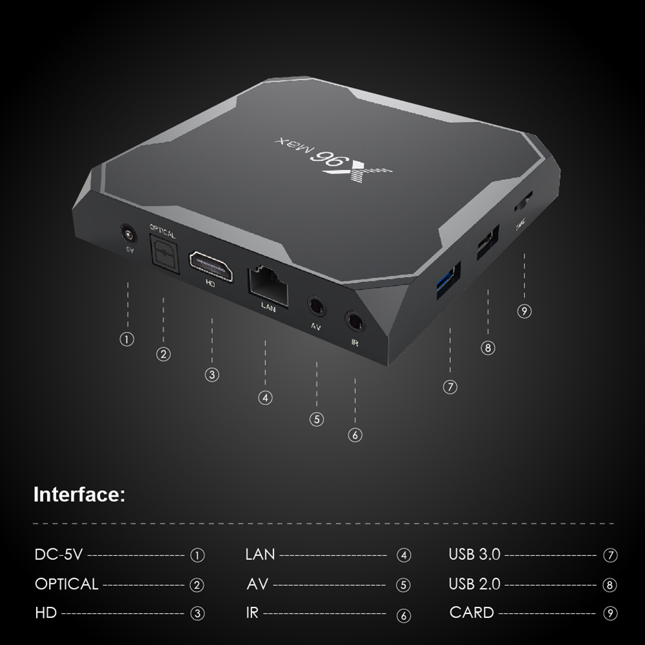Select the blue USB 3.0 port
coord(449,279)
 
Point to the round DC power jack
coord(128,234)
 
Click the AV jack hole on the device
coord(316,306)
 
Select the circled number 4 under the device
coord(265,397)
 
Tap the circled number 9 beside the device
coord(524,312)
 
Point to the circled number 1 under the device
coord(128,339)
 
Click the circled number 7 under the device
coord(450,387)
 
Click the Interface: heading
coord(79,495)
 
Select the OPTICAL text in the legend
coord(66,584)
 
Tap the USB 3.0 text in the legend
coord(474,554)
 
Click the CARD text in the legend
coord(471,613)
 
